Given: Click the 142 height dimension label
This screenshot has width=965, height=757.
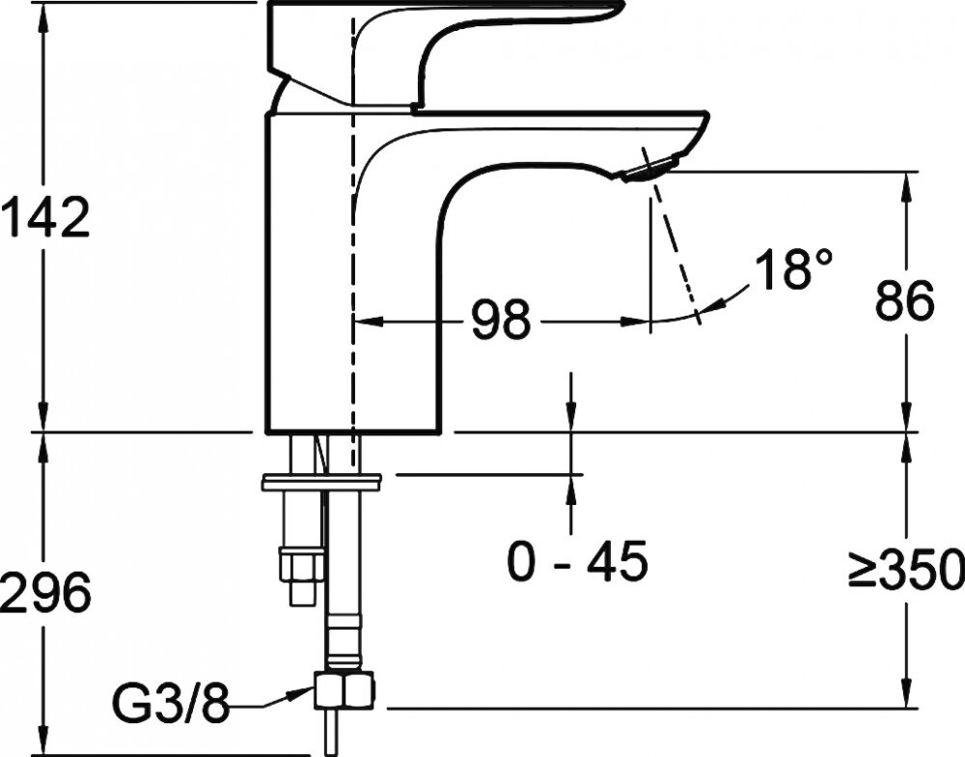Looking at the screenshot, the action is coord(45,217).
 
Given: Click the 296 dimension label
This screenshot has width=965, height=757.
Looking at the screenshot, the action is coord(45,592).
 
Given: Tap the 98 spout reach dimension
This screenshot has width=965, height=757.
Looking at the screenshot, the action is coord(500,320).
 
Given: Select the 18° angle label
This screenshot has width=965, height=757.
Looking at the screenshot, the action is coord(793,268).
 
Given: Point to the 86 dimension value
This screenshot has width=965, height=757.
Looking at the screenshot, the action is coord(905,301).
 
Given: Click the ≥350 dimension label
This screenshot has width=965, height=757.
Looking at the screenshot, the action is coord(906,568).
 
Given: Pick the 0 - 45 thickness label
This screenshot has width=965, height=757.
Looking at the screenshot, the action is coord(577,561).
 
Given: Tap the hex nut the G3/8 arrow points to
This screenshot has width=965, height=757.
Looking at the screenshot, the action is coord(345,690).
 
